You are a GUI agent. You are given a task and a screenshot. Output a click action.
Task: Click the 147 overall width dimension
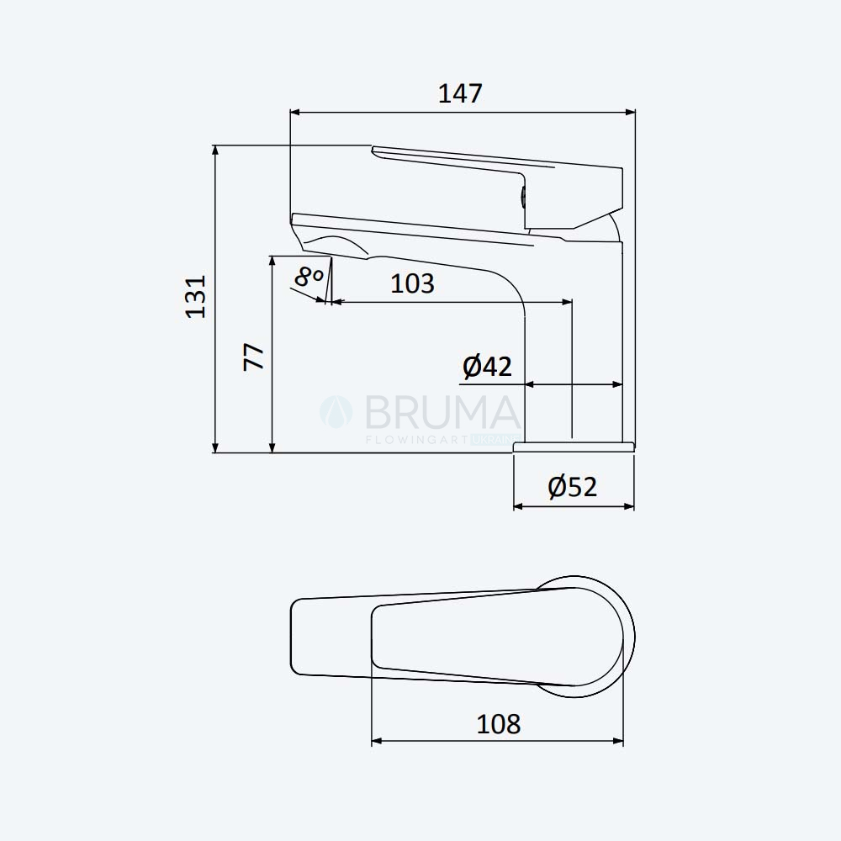click(x=460, y=93)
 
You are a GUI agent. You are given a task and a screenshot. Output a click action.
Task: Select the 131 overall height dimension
click(x=196, y=297)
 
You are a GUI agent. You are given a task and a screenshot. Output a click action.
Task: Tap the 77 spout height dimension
click(x=254, y=357)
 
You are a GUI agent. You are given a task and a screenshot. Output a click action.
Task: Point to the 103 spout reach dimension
click(x=412, y=283)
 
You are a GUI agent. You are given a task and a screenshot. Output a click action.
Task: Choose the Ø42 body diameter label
click(x=487, y=367)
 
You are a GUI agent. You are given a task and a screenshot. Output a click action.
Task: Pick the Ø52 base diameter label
click(x=572, y=487)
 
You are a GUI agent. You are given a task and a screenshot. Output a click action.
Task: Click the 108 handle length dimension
click(x=498, y=724)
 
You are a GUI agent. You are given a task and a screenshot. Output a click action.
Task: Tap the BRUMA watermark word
click(x=443, y=412)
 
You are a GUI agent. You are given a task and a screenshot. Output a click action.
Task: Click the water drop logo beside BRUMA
click(x=336, y=412)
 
